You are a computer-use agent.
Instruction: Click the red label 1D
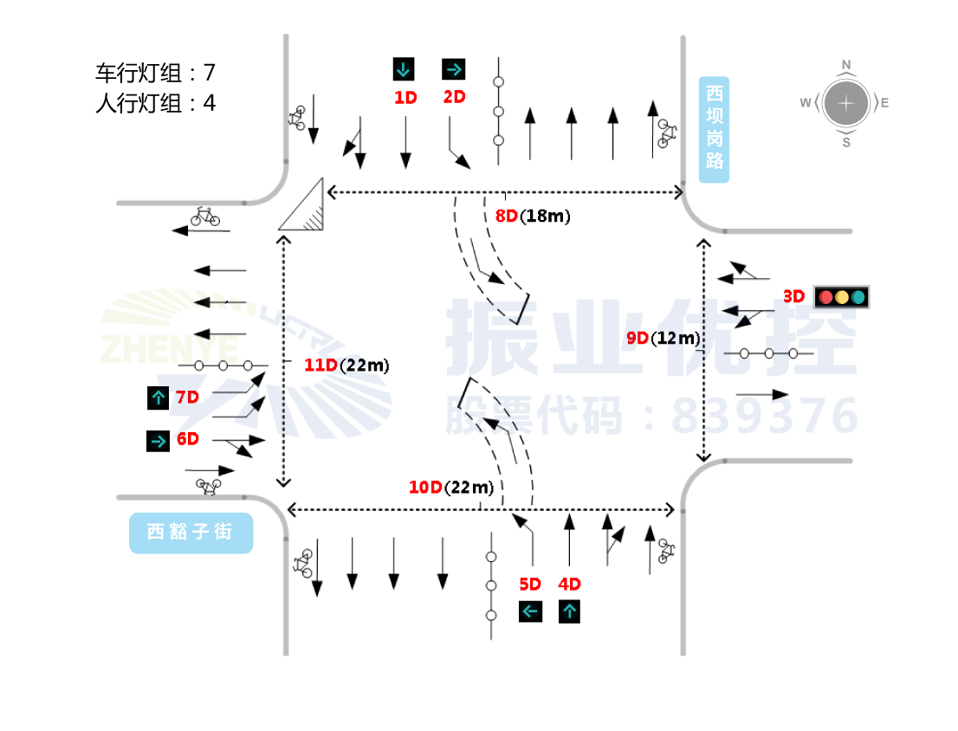405,98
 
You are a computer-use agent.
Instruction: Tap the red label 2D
454,97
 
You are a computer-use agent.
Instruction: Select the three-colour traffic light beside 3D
841,297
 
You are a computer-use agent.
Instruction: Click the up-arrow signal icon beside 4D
569,611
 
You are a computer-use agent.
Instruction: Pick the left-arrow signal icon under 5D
530,611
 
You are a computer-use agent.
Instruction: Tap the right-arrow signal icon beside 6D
158,441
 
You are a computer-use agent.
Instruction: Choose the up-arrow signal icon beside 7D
158,398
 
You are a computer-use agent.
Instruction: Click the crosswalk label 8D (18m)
532,217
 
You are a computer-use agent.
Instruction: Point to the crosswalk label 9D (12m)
663,338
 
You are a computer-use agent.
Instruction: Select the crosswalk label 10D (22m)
450,488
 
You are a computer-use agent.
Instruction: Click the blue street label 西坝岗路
714,129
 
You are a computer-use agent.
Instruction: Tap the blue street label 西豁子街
191,532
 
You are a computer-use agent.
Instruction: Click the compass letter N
846,64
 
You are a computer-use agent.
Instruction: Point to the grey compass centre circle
846,103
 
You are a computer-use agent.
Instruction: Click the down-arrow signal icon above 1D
404,68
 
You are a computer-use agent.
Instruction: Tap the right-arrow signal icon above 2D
454,68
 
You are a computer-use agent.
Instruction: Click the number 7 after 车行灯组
209,72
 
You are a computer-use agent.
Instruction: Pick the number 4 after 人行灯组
209,103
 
